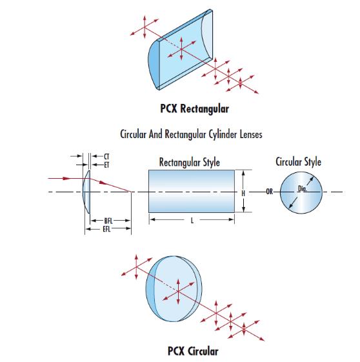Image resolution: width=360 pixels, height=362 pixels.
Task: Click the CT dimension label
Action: click(x=106, y=157)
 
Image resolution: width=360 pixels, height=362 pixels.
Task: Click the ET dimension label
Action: click(x=106, y=165)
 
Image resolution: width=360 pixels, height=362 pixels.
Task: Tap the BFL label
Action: click(x=108, y=221)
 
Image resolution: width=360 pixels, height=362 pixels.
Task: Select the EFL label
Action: click(x=106, y=229)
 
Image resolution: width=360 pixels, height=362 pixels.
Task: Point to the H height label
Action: click(x=243, y=193)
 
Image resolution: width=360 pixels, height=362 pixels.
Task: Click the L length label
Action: click(x=192, y=221)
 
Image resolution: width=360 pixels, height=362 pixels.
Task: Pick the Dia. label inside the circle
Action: click(x=303, y=188)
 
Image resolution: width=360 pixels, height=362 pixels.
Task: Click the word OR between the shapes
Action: click(x=269, y=192)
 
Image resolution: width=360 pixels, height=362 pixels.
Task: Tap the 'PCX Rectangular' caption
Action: click(x=195, y=108)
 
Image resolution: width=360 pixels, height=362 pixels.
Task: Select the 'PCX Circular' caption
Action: click(x=193, y=351)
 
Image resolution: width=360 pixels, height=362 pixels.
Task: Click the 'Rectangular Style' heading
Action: click(x=190, y=162)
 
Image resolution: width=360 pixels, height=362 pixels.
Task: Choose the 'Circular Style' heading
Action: click(x=298, y=161)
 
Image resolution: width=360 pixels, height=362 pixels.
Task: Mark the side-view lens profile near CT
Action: click(x=86, y=192)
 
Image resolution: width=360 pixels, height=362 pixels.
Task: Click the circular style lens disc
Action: click(x=301, y=193)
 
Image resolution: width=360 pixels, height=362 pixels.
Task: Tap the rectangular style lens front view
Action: click(x=192, y=192)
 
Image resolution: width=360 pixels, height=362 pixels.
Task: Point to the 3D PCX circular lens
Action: click(x=174, y=288)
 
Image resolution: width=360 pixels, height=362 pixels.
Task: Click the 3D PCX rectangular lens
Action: click(x=180, y=50)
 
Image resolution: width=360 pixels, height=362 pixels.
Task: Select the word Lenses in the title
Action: click(x=251, y=134)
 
